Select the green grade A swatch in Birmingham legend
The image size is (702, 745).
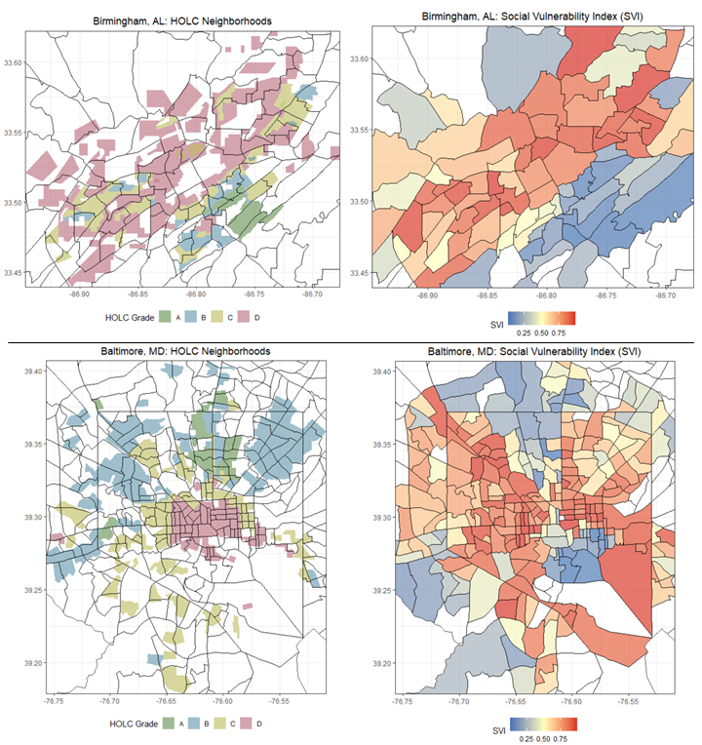[165, 317]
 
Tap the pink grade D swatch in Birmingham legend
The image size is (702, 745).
[244, 317]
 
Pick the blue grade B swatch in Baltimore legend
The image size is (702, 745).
[191, 723]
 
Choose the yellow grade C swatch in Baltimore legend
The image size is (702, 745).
[218, 723]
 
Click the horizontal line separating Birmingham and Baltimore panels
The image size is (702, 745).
[351, 342]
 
